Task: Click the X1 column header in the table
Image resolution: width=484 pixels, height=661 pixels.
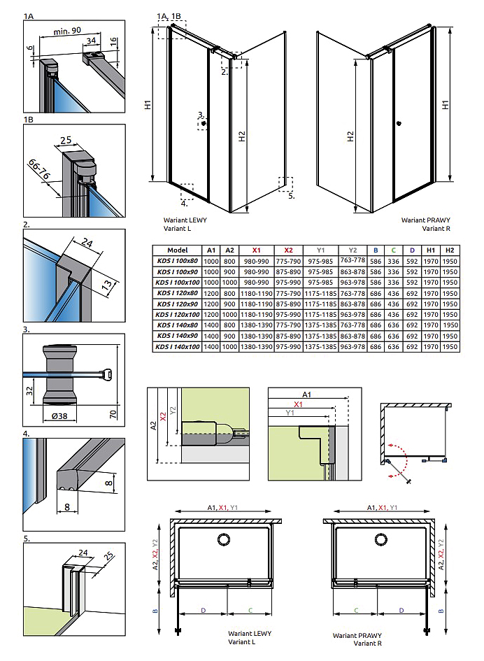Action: click(x=256, y=250)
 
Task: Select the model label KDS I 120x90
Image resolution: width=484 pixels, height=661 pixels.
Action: click(x=176, y=305)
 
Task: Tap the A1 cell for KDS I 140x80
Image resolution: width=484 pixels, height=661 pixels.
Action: click(x=211, y=325)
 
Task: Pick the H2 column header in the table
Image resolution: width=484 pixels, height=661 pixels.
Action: click(x=450, y=250)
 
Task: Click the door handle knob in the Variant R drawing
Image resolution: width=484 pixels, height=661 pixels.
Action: click(x=398, y=125)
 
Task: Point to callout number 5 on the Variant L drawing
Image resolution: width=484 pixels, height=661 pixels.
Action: click(x=292, y=196)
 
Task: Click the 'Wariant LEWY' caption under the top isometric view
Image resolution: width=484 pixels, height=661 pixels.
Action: click(x=185, y=220)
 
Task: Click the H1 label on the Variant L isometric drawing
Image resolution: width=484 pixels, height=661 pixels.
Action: click(x=148, y=106)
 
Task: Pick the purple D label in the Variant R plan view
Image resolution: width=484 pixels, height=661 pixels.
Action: click(x=401, y=610)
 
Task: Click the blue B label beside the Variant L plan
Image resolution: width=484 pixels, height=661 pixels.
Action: click(x=156, y=611)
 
